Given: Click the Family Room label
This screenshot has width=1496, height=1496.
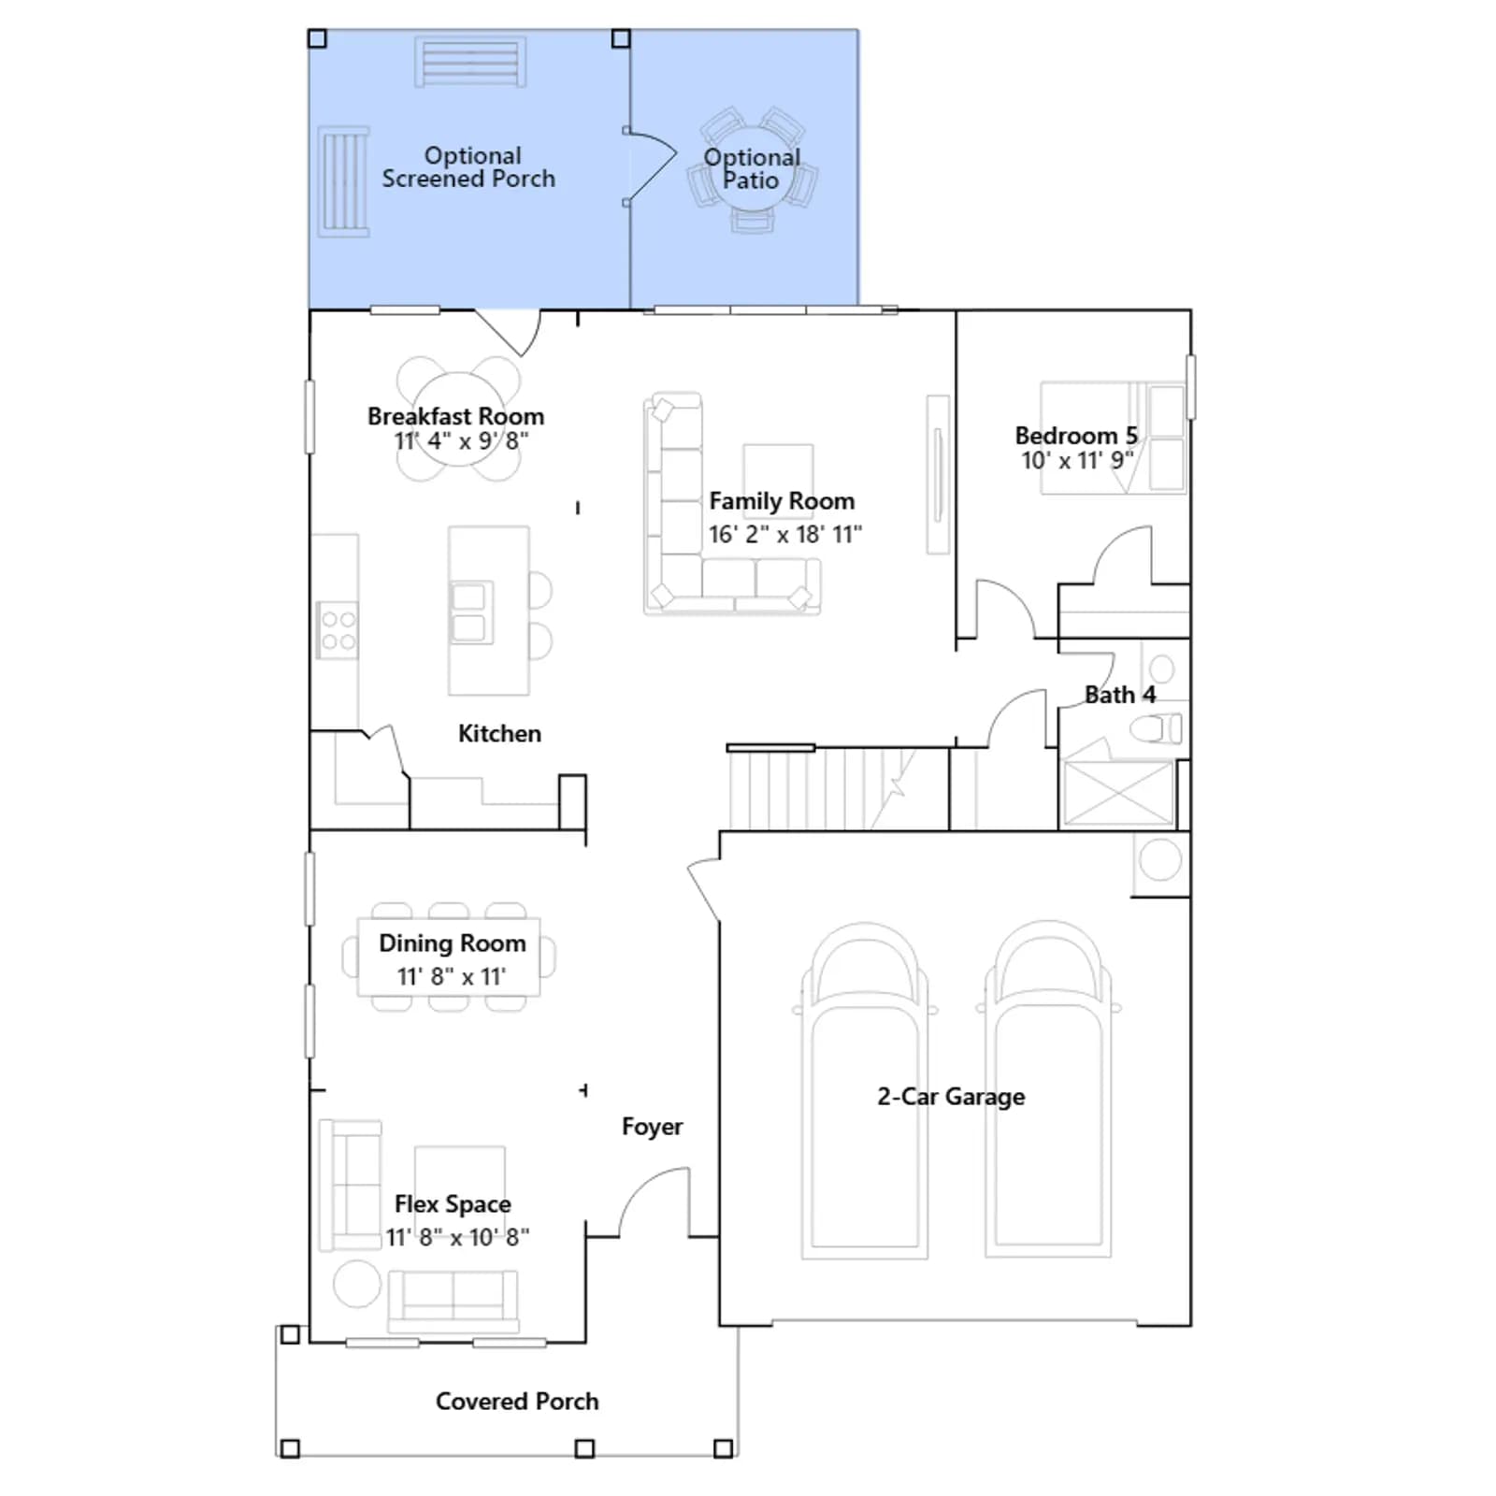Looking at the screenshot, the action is pyautogui.click(x=782, y=501).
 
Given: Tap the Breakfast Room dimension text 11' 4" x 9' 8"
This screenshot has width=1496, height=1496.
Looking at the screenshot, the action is pyautogui.click(x=461, y=440).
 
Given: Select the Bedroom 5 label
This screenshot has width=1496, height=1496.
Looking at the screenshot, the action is pyautogui.click(x=1076, y=436).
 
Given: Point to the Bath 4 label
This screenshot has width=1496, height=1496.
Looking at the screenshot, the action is pyautogui.click(x=1119, y=695).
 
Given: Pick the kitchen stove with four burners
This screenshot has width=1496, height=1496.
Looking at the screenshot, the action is pyautogui.click(x=338, y=630).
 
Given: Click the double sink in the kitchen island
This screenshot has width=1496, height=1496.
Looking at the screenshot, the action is pyautogui.click(x=469, y=612).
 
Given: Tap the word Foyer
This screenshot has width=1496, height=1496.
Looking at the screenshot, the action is pyautogui.click(x=652, y=1127).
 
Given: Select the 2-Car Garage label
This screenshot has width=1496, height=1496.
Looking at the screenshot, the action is pyautogui.click(x=951, y=1097).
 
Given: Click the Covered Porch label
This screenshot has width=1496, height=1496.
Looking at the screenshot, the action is pyautogui.click(x=517, y=1401).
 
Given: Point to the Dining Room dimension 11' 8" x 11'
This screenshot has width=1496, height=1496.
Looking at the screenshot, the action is pyautogui.click(x=452, y=976).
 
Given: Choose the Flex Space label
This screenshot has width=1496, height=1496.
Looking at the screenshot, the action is pyautogui.click(x=453, y=1204).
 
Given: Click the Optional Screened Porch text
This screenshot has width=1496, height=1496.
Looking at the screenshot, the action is pyautogui.click(x=468, y=167).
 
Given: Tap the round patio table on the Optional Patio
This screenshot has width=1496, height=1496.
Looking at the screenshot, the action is pyautogui.click(x=752, y=170).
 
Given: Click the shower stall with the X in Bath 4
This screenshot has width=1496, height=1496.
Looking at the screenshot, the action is pyautogui.click(x=1118, y=793).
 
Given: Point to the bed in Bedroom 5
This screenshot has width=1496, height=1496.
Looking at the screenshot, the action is pyautogui.click(x=1113, y=437).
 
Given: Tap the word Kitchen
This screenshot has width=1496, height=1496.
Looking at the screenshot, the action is pyautogui.click(x=499, y=734).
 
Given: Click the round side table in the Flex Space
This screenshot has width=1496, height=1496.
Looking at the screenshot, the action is pyautogui.click(x=357, y=1284).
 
